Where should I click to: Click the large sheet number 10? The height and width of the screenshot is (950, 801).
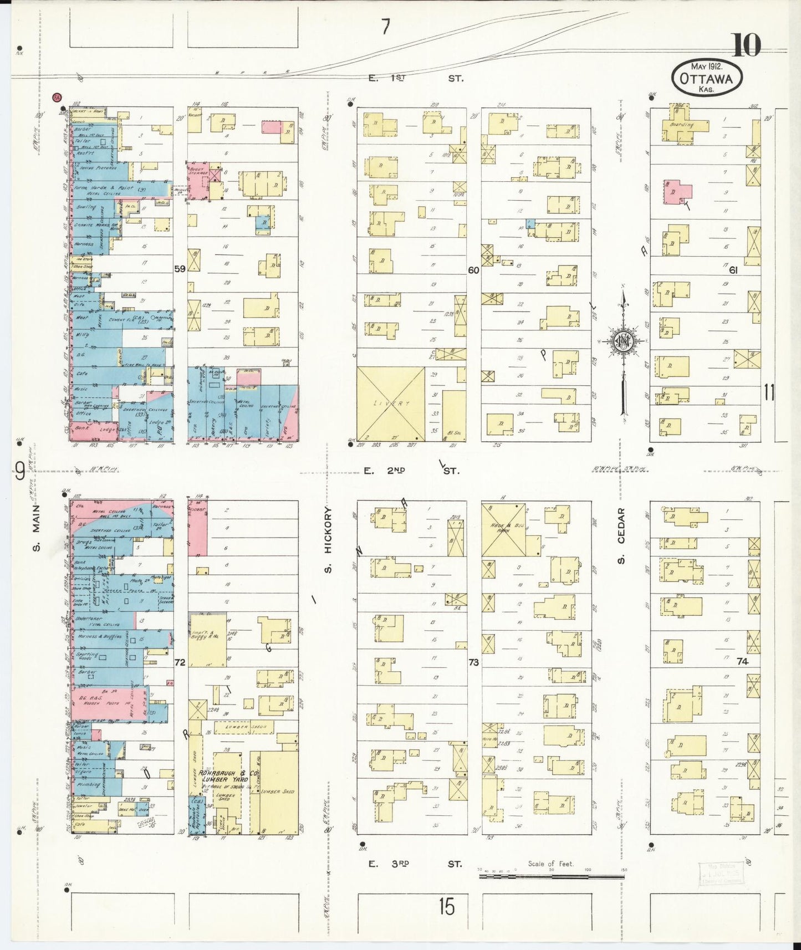(x=746, y=45)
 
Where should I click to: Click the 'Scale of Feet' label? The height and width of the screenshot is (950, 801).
(x=550, y=864)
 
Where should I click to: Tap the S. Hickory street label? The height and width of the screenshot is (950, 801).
(x=328, y=539)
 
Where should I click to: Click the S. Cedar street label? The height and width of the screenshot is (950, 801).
(x=621, y=535)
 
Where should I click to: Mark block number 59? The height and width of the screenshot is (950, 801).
(x=180, y=269)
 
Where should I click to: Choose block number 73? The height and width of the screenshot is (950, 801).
(x=473, y=662)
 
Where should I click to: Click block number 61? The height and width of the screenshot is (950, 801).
(x=733, y=270)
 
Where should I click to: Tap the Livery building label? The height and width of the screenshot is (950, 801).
(x=391, y=404)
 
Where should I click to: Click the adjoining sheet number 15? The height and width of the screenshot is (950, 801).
(x=446, y=907)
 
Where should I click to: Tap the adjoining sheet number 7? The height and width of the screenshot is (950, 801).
(x=386, y=27)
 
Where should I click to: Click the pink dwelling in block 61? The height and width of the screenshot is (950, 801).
(x=677, y=192)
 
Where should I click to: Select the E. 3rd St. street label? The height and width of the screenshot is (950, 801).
(x=413, y=864)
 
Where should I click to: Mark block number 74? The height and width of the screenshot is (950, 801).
(x=742, y=661)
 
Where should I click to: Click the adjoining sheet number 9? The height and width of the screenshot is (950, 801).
(x=19, y=472)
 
